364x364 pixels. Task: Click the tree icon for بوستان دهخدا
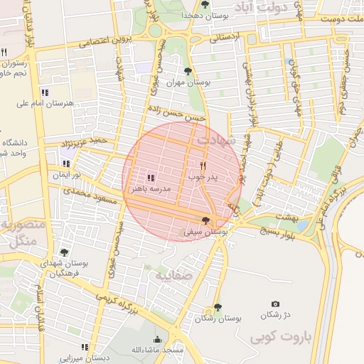(205, 4)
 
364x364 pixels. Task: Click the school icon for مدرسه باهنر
(151, 178)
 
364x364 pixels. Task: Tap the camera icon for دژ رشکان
(276, 304)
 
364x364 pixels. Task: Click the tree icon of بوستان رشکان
(217, 308)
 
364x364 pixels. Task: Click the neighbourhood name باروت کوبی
(282, 338)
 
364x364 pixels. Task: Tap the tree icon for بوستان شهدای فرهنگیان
(64, 252)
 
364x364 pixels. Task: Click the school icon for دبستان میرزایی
(85, 347)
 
